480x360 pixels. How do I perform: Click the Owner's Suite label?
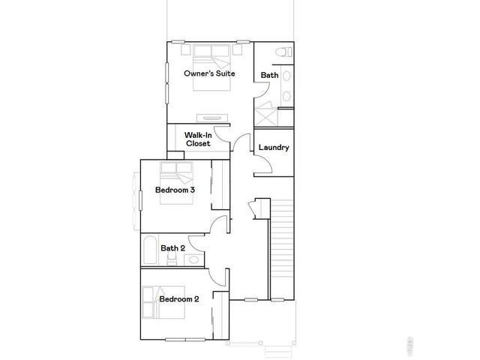click(x=209, y=73)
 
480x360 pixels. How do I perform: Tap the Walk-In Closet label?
click(x=198, y=139)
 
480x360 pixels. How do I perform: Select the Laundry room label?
click(x=274, y=148)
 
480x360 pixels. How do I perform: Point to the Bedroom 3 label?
click(x=175, y=190)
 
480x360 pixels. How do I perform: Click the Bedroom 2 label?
click(x=178, y=299)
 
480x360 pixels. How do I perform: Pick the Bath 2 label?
click(x=173, y=248)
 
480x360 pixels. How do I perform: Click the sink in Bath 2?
click(x=193, y=259)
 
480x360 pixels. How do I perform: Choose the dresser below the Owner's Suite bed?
click(x=211, y=117)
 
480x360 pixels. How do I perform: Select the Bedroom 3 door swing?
click(x=220, y=224)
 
